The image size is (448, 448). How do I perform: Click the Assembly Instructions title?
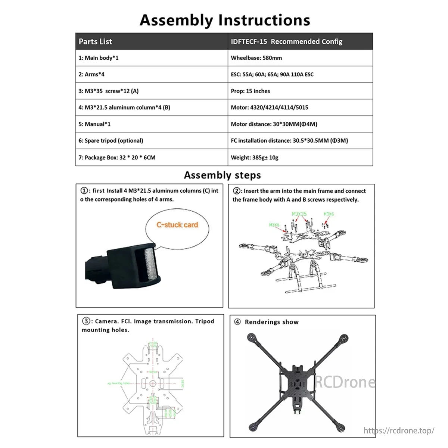[225, 20]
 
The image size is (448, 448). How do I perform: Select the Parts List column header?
[96, 41]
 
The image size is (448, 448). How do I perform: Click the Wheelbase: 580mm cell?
[256, 58]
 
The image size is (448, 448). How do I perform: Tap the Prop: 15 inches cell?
[251, 91]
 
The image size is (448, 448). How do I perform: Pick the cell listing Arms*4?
[92, 74]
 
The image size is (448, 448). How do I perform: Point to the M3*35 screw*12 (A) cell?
[109, 91]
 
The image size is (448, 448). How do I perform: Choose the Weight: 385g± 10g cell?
[255, 158]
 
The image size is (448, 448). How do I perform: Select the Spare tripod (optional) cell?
[111, 141]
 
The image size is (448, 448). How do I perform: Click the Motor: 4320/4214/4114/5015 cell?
[270, 108]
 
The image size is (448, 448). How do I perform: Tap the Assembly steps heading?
[223, 175]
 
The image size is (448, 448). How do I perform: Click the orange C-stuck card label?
[177, 225]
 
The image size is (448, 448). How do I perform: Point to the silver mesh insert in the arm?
[149, 264]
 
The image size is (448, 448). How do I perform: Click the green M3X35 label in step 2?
[299, 214]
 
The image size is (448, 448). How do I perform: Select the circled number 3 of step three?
[86, 321]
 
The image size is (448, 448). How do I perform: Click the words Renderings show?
[272, 322]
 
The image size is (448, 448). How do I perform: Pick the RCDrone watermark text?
[344, 382]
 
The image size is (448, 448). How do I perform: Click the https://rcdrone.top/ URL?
[399, 430]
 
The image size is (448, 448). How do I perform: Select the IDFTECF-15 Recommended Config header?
[287, 41]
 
